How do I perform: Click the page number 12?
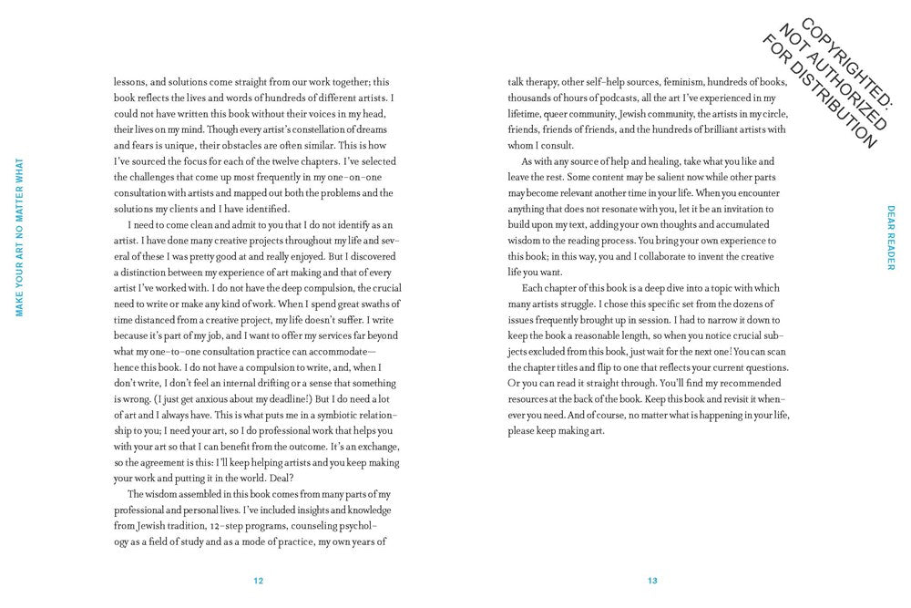(x=259, y=581)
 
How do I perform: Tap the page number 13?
(x=652, y=581)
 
